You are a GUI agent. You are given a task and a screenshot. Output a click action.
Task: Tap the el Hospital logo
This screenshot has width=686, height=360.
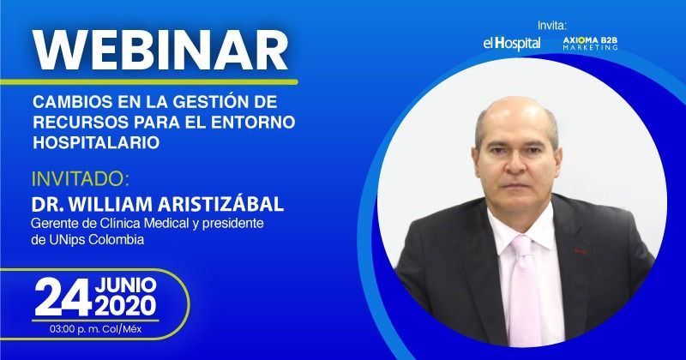[511, 43]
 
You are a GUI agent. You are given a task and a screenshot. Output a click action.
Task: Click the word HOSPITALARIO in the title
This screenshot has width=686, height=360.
[96, 143]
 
